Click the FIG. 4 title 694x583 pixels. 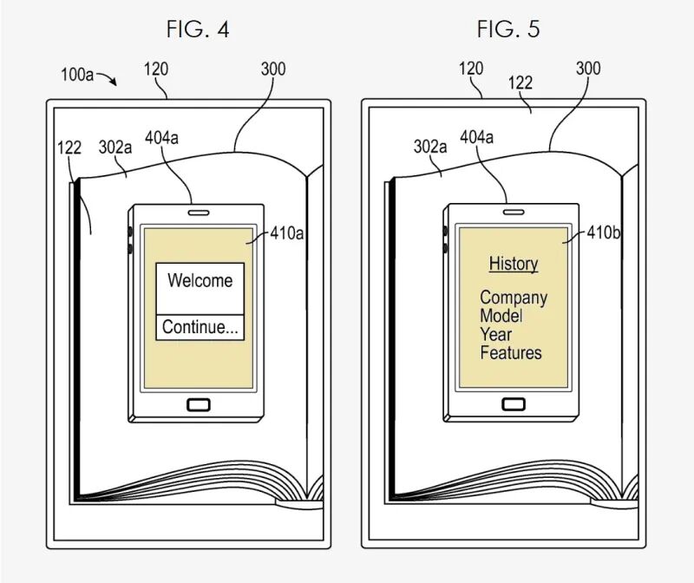tap(198, 29)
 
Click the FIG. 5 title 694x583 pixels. tap(507, 29)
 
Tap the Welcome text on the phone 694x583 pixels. tap(200, 280)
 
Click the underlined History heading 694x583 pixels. tap(514, 263)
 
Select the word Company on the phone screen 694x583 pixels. tap(514, 298)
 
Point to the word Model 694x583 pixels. tap(501, 316)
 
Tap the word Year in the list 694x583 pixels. tap(496, 334)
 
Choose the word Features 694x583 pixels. tap(511, 352)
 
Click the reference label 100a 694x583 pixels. tap(76, 75)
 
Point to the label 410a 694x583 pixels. tap(287, 233)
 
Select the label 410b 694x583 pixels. tap(603, 233)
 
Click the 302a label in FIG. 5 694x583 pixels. tap(430, 147)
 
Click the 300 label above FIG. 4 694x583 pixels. tap(272, 69)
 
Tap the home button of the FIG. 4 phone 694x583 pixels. tap(199, 403)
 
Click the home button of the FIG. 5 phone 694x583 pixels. tap(513, 403)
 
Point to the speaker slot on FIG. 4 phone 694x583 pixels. tap(199, 211)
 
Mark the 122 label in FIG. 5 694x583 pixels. tap(520, 82)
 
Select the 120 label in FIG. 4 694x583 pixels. tap(156, 69)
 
